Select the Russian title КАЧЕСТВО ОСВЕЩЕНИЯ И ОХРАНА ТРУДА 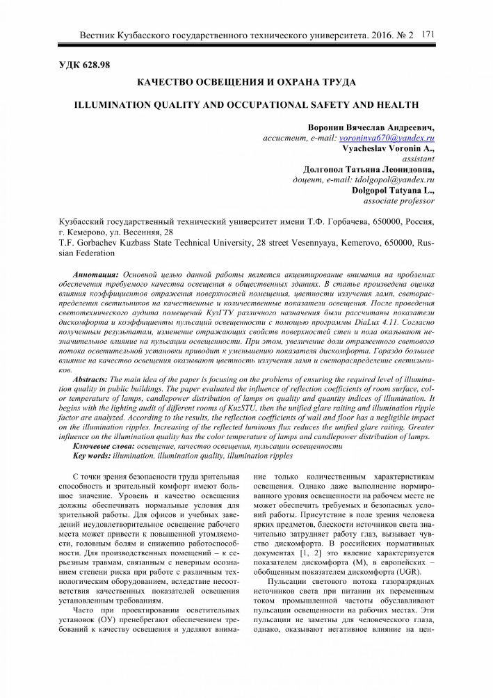pyautogui.click(x=246, y=83)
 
